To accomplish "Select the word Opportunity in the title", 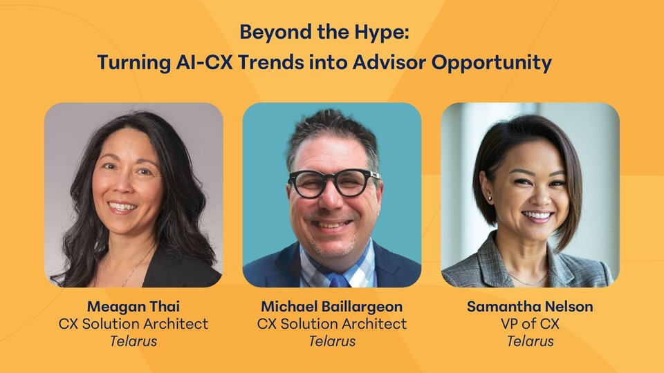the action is coord(492,63).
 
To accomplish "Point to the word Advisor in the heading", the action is coord(389,62).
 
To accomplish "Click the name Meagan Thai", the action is coord(133,306).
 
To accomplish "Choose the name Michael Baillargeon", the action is coord(331,306).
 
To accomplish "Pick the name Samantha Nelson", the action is coord(530,306).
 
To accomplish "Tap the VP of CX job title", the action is coord(530,323).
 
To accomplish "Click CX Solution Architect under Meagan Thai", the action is coord(133,323).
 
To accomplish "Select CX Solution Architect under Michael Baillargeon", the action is coord(331,323).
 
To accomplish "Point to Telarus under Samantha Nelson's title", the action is coord(531,341).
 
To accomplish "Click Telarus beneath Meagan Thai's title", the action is coord(133,341).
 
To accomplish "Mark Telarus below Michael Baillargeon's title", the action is coord(332,341).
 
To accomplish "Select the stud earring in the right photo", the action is coord(490,198).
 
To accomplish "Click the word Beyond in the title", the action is coord(271,33).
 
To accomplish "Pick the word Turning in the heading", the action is coord(133,63).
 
